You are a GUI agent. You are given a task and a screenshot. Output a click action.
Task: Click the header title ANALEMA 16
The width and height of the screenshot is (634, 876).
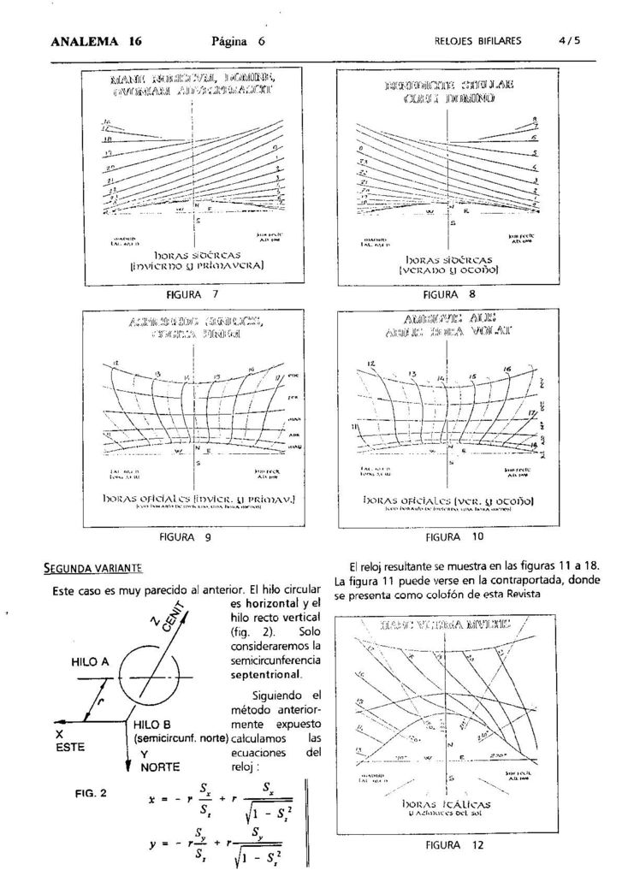point(97,40)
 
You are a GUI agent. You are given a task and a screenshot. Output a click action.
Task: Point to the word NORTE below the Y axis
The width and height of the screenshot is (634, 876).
point(161,767)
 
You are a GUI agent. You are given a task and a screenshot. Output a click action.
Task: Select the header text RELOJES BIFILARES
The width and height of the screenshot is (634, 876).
point(477,40)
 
